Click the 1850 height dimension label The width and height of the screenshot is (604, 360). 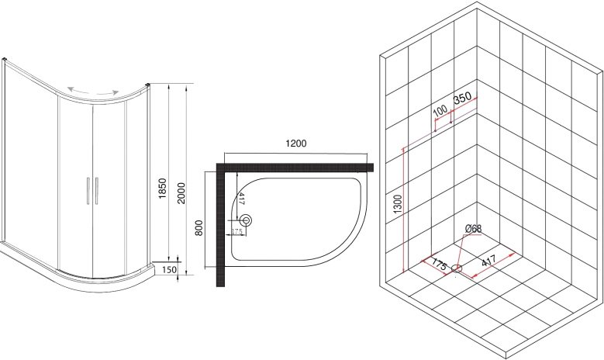tap(163, 189)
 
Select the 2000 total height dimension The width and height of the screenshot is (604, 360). tap(181, 193)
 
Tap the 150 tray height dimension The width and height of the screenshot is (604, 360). tap(170, 269)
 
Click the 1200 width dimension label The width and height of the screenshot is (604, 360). tap(296, 144)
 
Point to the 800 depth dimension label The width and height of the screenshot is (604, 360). tap(198, 228)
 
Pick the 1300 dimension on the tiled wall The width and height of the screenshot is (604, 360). tap(398, 205)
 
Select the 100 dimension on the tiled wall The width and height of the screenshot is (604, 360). tap(440, 111)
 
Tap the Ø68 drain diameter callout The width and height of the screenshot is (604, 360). tap(474, 229)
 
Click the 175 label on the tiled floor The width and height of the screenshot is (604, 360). tap(439, 265)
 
